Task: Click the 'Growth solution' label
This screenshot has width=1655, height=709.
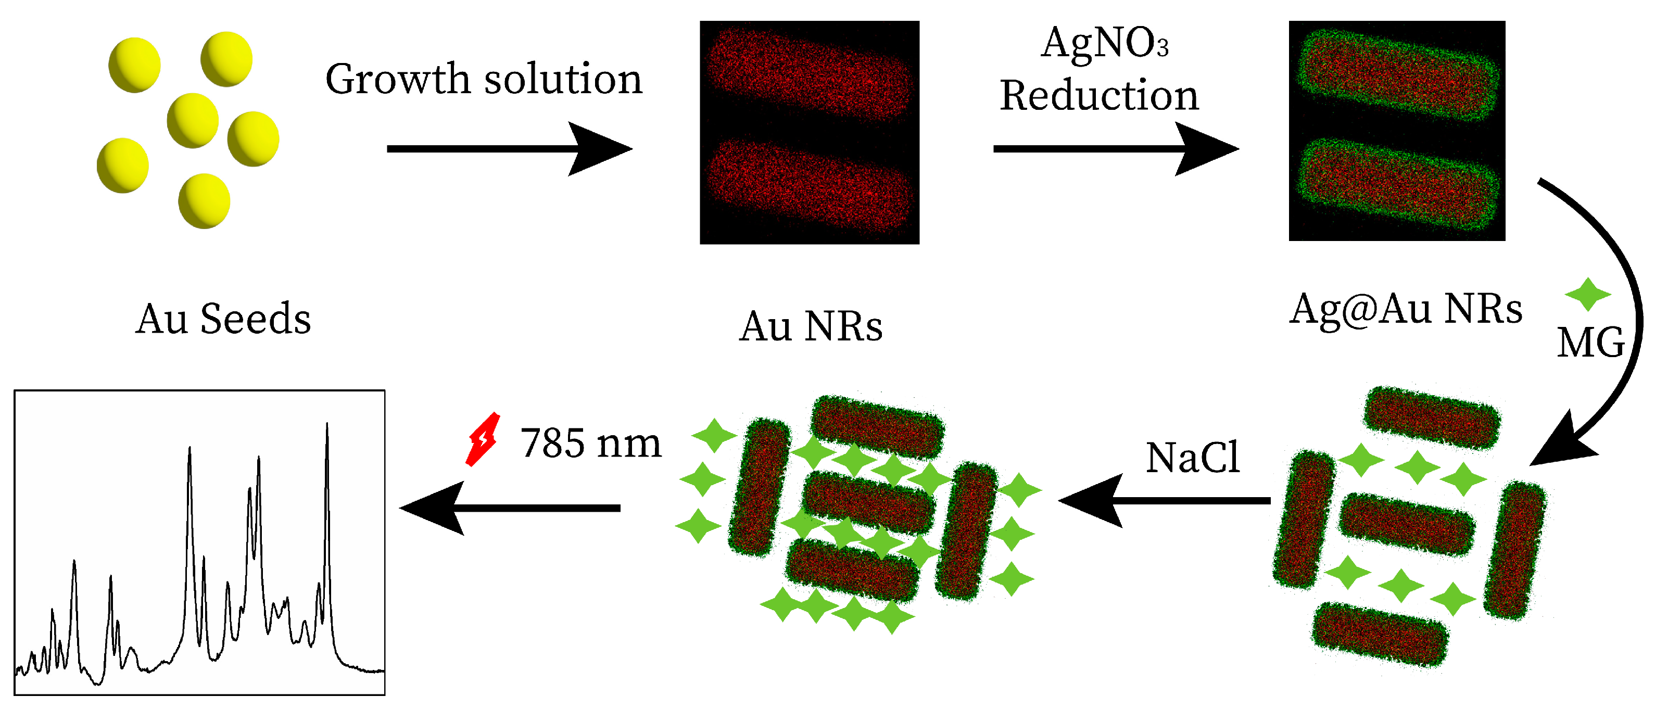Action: [x=483, y=80]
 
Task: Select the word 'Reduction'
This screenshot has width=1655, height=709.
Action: [x=1098, y=96]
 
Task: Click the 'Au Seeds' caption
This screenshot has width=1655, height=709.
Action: [x=223, y=319]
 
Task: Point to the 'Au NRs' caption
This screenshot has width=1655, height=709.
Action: [x=811, y=327]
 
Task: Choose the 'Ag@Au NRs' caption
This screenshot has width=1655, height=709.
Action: [x=1406, y=310]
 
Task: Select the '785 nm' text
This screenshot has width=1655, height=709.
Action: [x=590, y=444]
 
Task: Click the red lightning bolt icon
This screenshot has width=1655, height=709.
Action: [x=483, y=439]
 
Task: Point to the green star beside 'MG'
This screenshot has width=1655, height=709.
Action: [x=1587, y=295]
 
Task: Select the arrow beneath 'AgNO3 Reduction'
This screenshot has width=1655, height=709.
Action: [x=1115, y=149]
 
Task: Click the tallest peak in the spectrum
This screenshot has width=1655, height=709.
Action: [x=327, y=425]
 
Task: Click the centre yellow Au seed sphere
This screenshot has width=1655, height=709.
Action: [x=193, y=121]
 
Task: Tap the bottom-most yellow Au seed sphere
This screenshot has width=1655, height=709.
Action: [x=204, y=201]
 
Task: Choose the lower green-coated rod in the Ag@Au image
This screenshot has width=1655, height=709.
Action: [x=1398, y=184]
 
